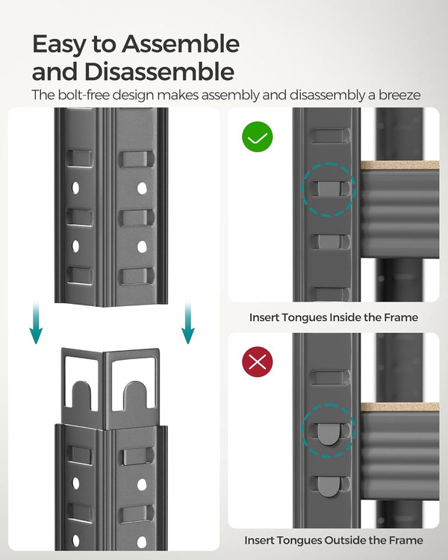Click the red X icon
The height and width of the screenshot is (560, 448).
pos(258,362)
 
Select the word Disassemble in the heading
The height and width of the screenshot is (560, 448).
pos(160,72)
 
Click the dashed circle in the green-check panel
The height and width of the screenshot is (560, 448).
pos(329,190)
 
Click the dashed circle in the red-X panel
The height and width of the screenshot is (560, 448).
pos(329,431)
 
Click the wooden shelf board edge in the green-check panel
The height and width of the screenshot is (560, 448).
pos(399,165)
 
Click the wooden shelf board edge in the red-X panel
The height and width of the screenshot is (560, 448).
pos(399,407)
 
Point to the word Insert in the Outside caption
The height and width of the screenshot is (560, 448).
pos(261,540)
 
